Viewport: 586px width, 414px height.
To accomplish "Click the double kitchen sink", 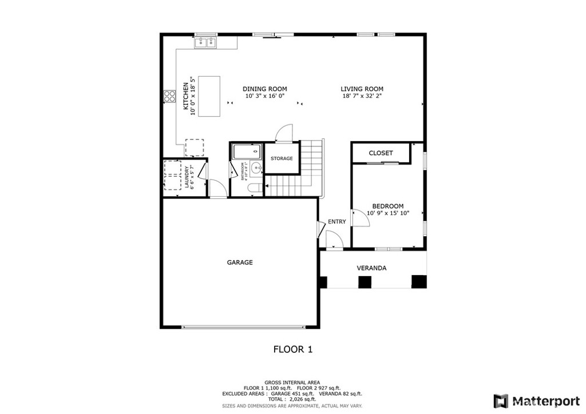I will coord(205,42).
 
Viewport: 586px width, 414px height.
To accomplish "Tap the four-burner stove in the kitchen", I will coord(169,96).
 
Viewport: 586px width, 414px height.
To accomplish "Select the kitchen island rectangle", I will coord(209,96).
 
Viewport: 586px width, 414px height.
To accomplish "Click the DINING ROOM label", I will coord(264,89).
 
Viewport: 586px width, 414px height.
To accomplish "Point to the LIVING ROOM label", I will coord(362,89).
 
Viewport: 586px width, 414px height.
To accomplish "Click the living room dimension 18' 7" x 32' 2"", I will coord(362,97).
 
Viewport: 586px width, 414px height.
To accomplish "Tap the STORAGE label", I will coord(282,158).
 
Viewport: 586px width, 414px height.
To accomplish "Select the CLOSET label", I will coord(381,153).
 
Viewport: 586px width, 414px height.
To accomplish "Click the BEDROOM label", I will coord(387,206).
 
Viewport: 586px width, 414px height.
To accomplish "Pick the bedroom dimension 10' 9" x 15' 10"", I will coord(387,213).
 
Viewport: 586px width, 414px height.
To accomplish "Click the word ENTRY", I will coord(336,222).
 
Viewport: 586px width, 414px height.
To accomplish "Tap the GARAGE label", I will coord(240,262).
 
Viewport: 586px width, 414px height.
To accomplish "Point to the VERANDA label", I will coord(371,268).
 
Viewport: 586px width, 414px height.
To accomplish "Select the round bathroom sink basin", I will coord(256,168).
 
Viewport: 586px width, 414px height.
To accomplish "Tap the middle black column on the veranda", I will coord(365,281).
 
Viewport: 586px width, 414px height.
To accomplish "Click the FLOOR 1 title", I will coord(292,349).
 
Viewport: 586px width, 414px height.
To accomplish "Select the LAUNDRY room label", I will coord(187,177).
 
